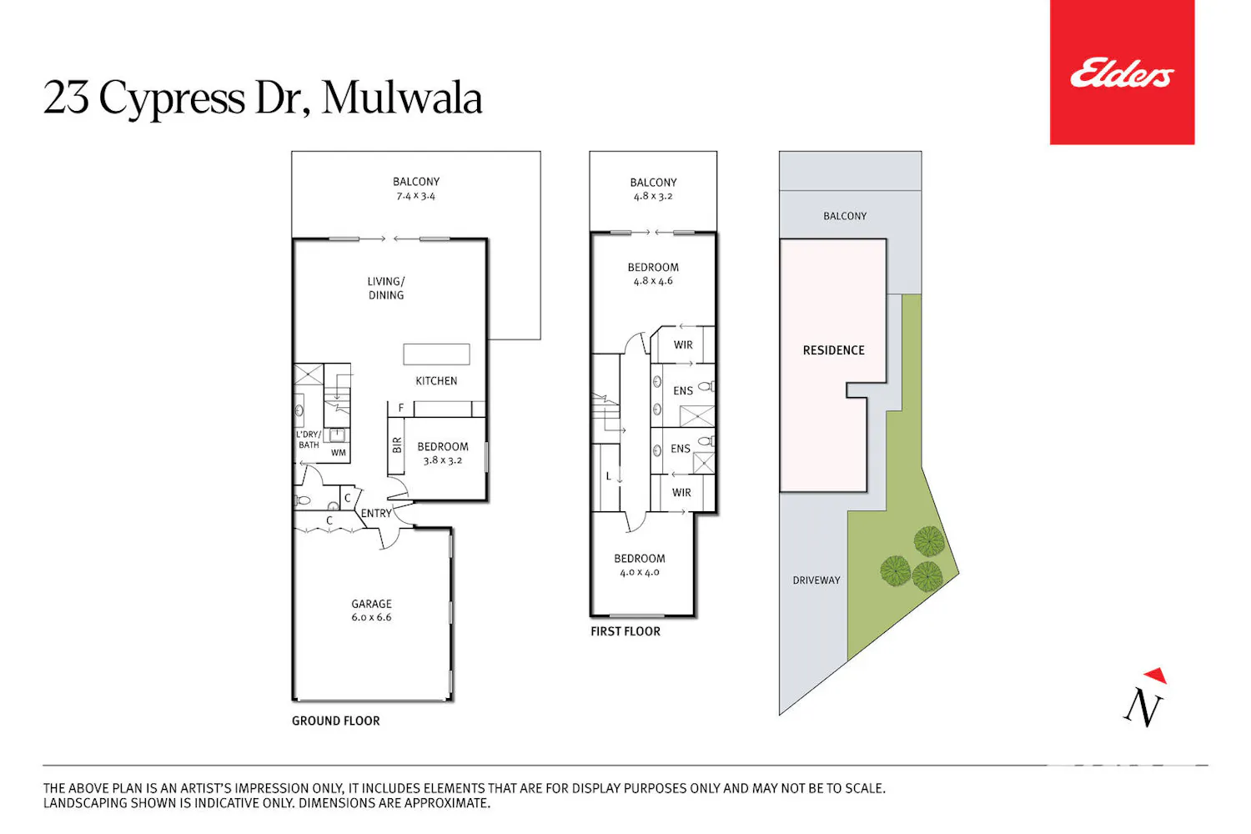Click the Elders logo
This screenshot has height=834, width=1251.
coord(1122,72)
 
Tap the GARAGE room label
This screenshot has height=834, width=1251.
coord(371,604)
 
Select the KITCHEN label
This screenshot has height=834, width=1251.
coord(436,381)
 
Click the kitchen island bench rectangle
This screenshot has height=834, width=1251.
coord(436,354)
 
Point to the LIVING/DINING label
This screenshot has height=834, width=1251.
coord(386,289)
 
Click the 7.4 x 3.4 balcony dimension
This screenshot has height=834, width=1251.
coord(415,196)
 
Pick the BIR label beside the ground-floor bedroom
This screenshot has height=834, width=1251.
coord(397,445)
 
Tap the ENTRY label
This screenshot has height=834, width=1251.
coord(376,514)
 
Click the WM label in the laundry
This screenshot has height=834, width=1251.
coord(339,453)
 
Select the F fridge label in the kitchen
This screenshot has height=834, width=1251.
coord(401,409)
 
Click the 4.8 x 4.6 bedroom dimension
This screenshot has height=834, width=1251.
coord(653,281)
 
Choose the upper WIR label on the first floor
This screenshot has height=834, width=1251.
coord(683,345)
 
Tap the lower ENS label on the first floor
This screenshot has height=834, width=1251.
coord(681,449)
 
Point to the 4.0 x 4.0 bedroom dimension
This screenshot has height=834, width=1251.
coord(640,573)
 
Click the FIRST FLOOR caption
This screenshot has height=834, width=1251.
coord(625,631)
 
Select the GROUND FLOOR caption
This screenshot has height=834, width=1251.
coord(335,721)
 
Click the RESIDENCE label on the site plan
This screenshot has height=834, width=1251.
coord(833,350)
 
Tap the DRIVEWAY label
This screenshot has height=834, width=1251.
coord(816,580)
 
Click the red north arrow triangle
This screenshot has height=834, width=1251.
coord(1157,675)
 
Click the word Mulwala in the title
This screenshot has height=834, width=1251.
coord(401,98)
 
